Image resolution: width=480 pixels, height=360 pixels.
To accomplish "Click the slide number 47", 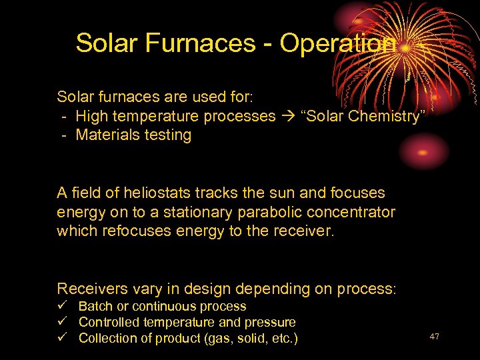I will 435,337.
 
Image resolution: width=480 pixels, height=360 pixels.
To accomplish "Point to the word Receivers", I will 91,289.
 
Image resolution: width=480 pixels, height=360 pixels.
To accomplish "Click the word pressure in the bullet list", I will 271,323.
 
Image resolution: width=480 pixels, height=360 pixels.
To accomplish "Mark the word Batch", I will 95,307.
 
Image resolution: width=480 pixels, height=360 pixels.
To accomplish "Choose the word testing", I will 168,135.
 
